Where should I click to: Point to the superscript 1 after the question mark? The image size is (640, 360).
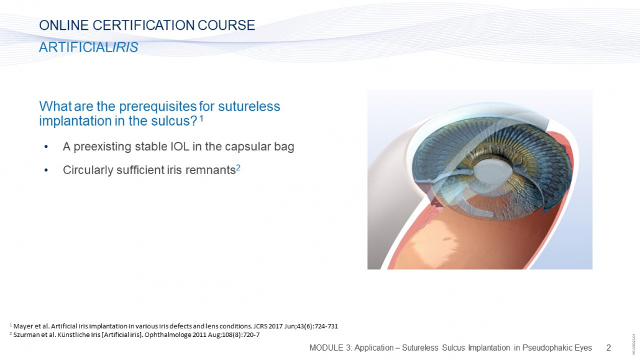click(x=201, y=119)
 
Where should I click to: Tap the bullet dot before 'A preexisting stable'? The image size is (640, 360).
click(x=46, y=147)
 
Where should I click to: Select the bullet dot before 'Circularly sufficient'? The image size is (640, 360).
click(x=46, y=170)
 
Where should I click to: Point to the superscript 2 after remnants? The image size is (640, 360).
click(x=238, y=167)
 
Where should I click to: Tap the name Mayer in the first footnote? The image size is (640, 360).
click(x=22, y=326)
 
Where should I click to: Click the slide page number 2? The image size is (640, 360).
click(x=608, y=348)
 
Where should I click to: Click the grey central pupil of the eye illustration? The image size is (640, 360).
click(x=493, y=170)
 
